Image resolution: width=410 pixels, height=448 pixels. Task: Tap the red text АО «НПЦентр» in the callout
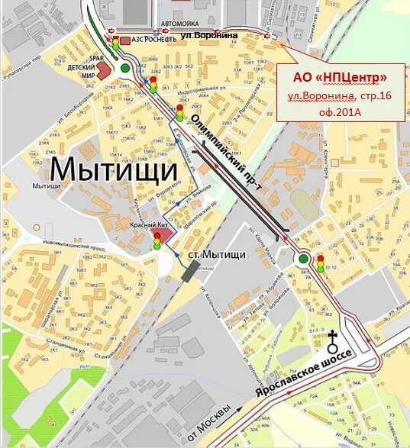pyautogui.click(x=340, y=77)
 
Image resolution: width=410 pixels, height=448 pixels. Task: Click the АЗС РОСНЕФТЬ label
pyautogui.click(x=151, y=40)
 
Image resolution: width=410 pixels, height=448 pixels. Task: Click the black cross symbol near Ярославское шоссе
pyautogui.click(x=332, y=337)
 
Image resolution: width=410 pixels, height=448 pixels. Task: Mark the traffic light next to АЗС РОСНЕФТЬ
pyautogui.click(x=115, y=43)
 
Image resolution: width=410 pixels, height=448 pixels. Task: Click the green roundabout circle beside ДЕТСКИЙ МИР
pyautogui.click(x=125, y=68)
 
